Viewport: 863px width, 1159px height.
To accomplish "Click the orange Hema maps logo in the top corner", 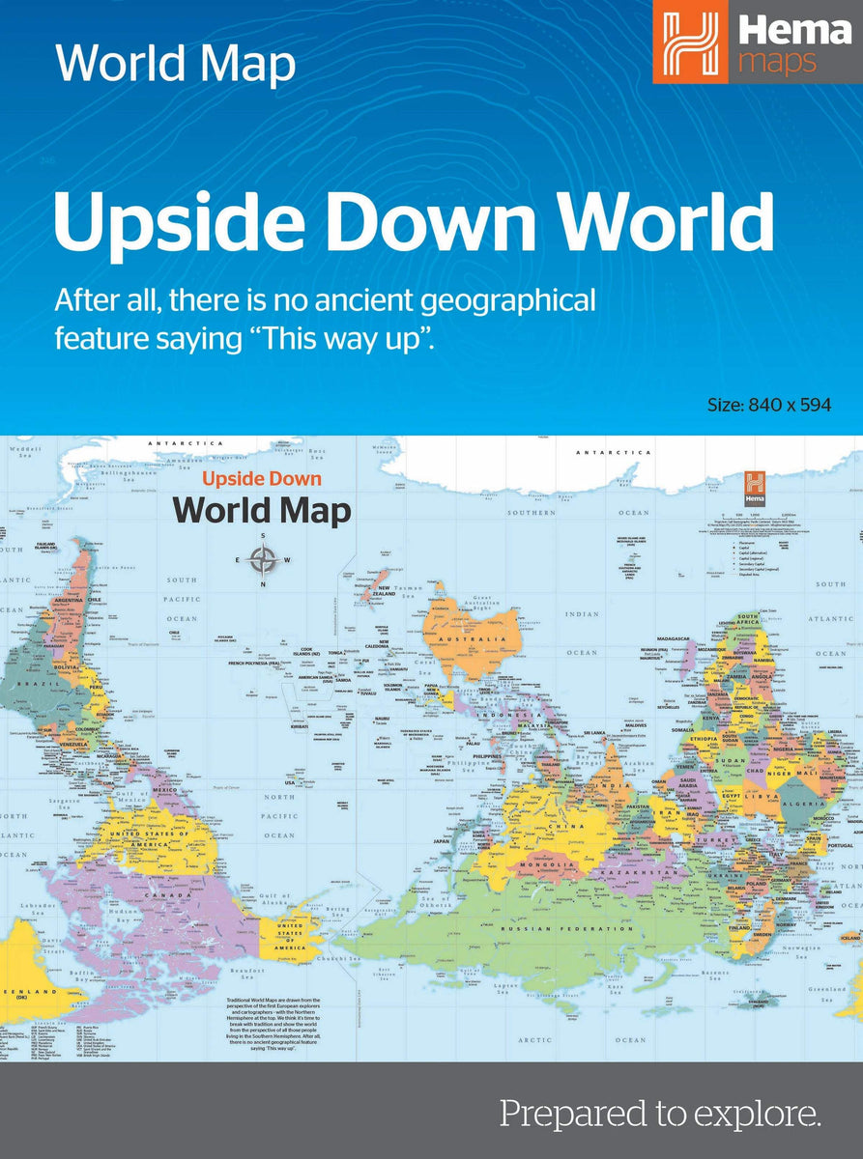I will [x=756, y=42].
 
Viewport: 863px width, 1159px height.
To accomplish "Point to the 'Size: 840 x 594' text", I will [x=769, y=405].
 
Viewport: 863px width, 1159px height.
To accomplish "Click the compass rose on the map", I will [x=263, y=559].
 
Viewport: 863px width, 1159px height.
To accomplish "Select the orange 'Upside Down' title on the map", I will [x=261, y=479].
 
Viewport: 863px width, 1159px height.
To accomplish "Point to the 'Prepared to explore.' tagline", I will [x=660, y=1114].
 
